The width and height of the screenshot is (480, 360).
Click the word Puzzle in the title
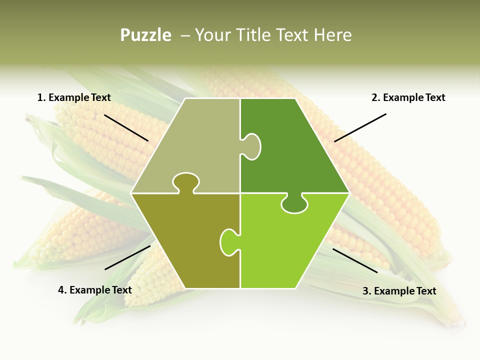click(145, 35)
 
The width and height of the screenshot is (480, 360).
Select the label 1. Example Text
click(74, 97)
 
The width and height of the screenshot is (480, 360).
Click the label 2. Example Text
click(408, 97)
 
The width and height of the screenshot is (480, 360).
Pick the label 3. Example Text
click(399, 291)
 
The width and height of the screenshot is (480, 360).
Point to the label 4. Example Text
click(95, 290)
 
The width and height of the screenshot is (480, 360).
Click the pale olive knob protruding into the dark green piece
click(251, 146)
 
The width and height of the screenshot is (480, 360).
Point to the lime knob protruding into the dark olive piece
click(228, 241)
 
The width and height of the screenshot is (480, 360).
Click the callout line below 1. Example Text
click(126, 128)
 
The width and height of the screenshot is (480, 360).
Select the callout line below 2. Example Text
click(360, 127)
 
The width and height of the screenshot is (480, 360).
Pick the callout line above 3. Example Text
click(355, 260)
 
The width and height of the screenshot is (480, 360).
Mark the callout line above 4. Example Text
click(127, 257)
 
